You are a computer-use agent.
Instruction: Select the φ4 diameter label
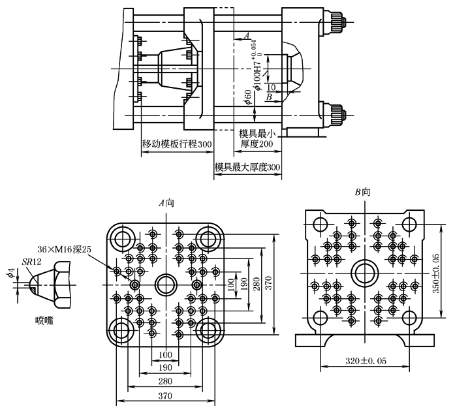[x=10, y=273]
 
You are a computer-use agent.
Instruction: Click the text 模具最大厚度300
[x=247, y=167]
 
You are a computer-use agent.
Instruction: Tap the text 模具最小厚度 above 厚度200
[x=257, y=132]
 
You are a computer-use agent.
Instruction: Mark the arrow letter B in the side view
[x=268, y=97]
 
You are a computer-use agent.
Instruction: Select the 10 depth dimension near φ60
[x=271, y=87]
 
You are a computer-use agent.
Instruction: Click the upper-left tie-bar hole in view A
[x=123, y=238]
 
